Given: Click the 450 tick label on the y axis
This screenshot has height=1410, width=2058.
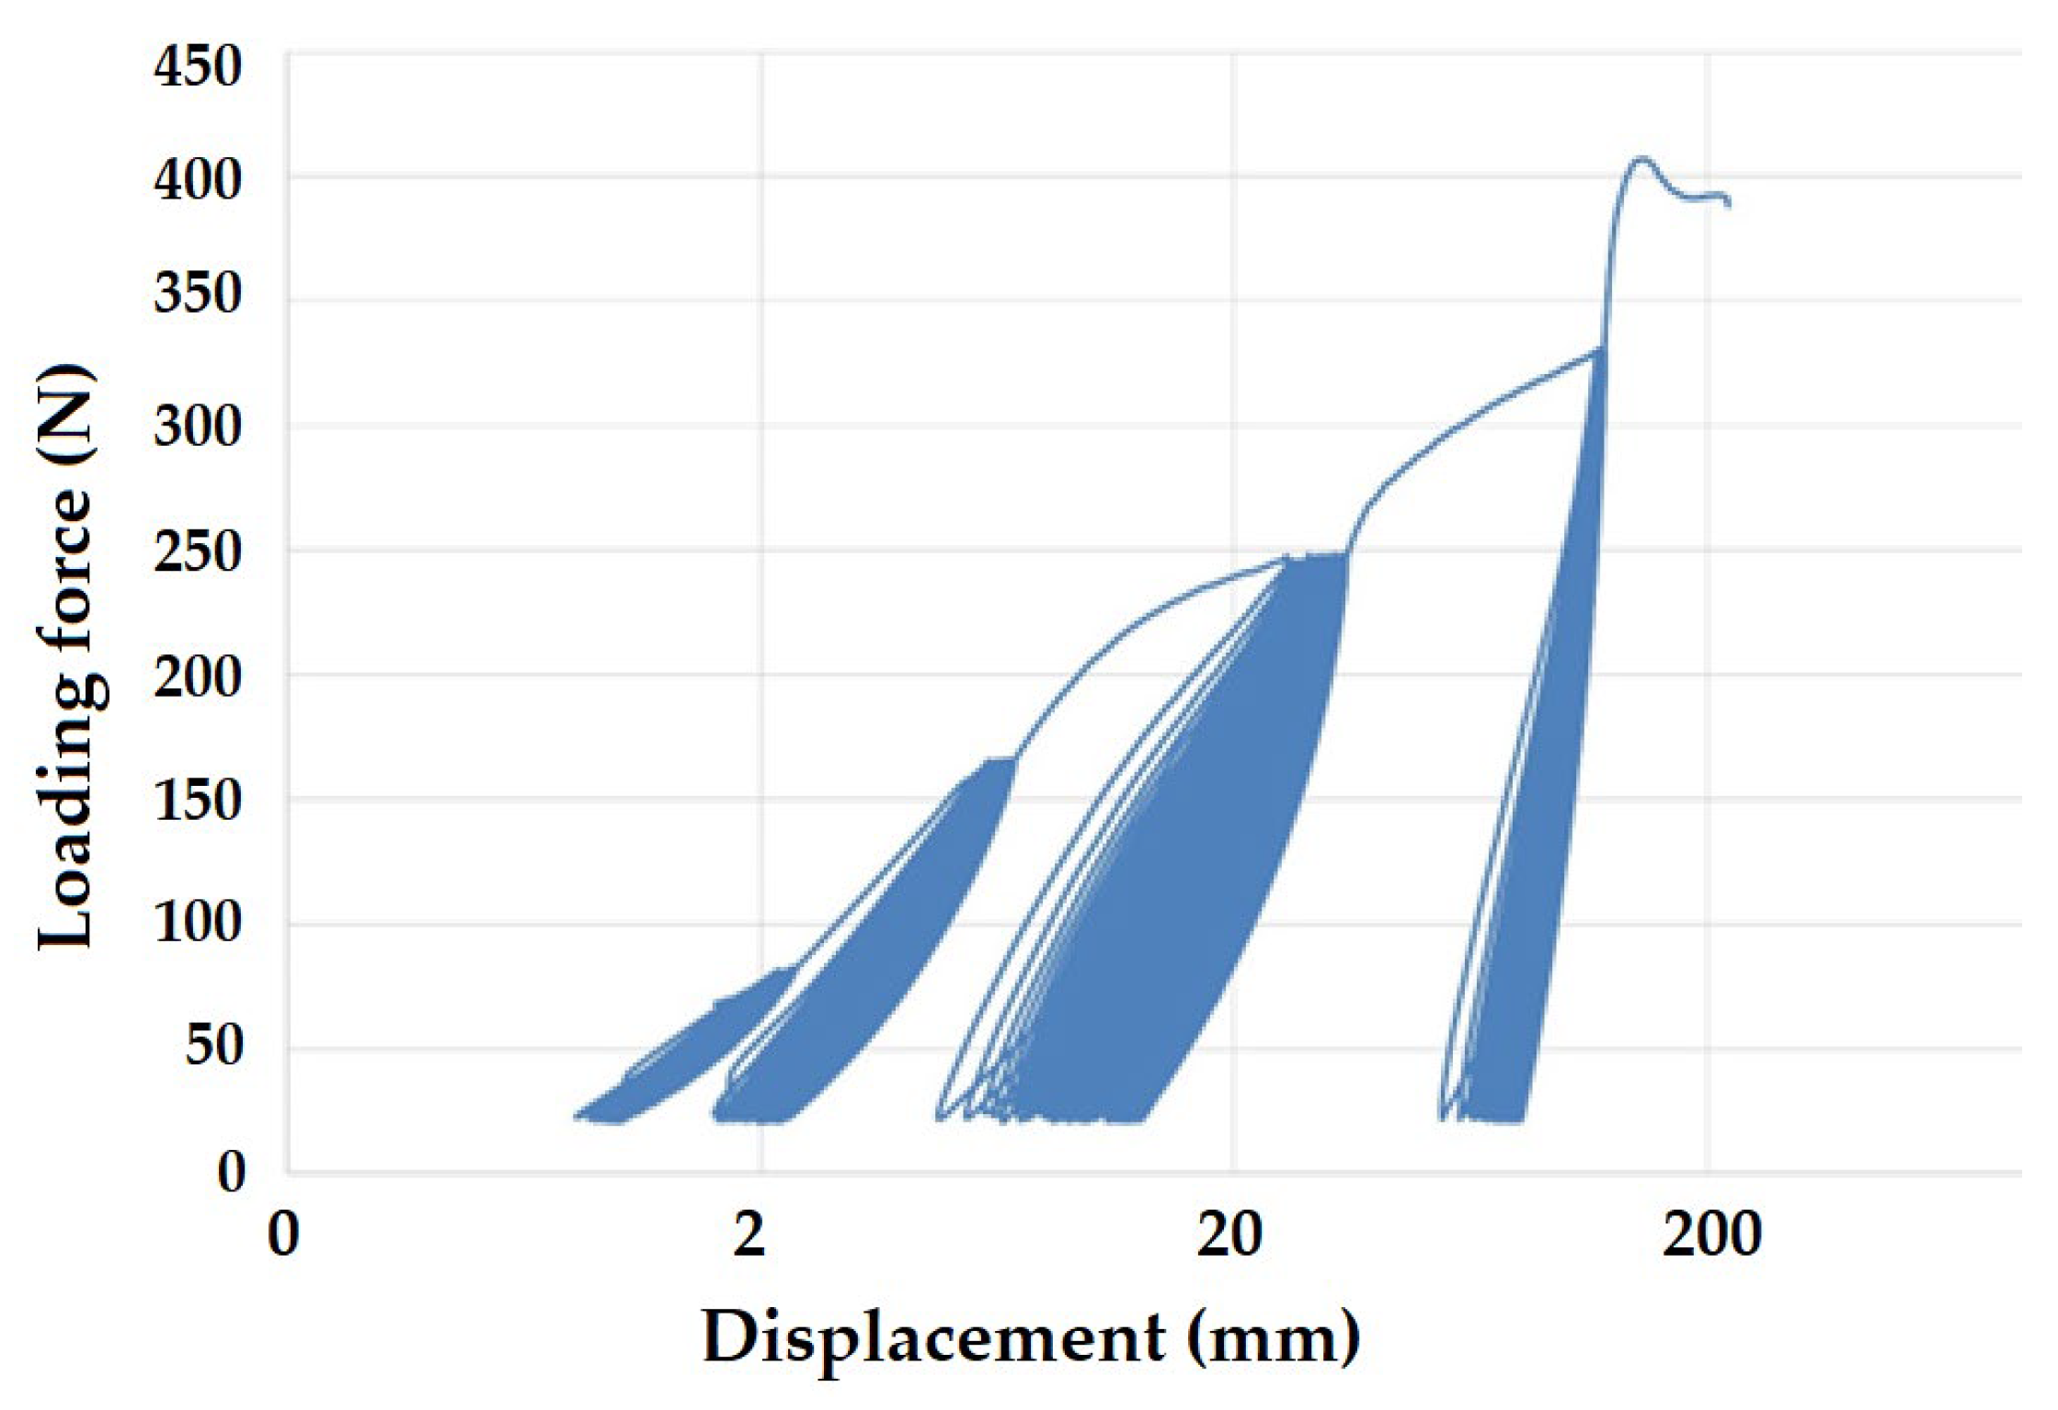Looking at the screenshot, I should [198, 68].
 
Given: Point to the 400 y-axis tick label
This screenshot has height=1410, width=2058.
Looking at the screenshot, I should [198, 181].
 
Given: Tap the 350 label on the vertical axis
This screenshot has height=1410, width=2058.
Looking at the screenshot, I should [198, 295].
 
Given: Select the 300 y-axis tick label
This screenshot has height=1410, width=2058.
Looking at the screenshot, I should [198, 427].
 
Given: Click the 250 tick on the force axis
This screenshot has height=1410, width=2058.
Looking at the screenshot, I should [198, 553].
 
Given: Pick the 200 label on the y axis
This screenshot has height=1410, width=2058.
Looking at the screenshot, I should [198, 678].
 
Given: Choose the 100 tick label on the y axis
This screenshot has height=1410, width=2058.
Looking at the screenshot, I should [198, 922].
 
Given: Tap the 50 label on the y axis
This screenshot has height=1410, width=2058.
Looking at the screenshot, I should [213, 1046].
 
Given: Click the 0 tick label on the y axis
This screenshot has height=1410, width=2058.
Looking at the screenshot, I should [231, 1172].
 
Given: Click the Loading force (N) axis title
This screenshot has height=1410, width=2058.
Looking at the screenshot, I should [66, 657].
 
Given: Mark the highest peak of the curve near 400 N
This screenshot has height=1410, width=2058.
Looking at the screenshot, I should [1640, 159].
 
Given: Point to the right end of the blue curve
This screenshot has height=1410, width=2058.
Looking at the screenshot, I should [1729, 204].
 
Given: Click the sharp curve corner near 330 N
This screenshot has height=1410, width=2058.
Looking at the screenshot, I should [1602, 349].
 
